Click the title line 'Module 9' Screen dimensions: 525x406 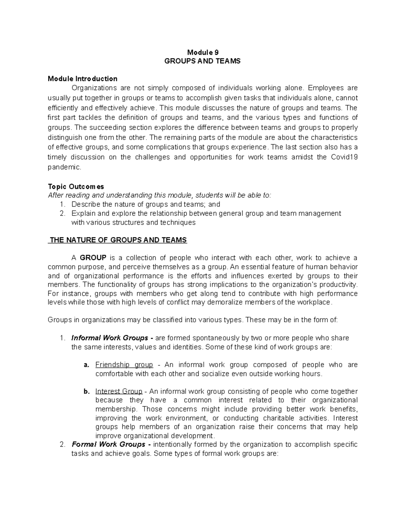point(203,52)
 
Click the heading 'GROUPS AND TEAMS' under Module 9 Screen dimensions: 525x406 point(202,61)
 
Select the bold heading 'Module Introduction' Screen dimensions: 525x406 point(83,79)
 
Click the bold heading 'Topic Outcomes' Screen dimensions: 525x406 point(76,187)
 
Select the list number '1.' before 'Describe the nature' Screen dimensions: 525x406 point(62,204)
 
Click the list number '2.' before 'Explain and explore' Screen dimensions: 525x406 point(62,213)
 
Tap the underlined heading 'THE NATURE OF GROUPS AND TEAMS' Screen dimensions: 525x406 point(118,240)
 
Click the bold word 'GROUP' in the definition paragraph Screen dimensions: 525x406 point(93,258)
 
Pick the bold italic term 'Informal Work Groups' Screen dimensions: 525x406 point(110,338)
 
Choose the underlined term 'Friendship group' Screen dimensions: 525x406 point(124,365)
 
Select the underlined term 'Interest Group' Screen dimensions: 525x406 point(119,391)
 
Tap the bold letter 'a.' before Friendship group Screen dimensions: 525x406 point(86,365)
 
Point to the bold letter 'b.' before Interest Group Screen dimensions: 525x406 point(86,391)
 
